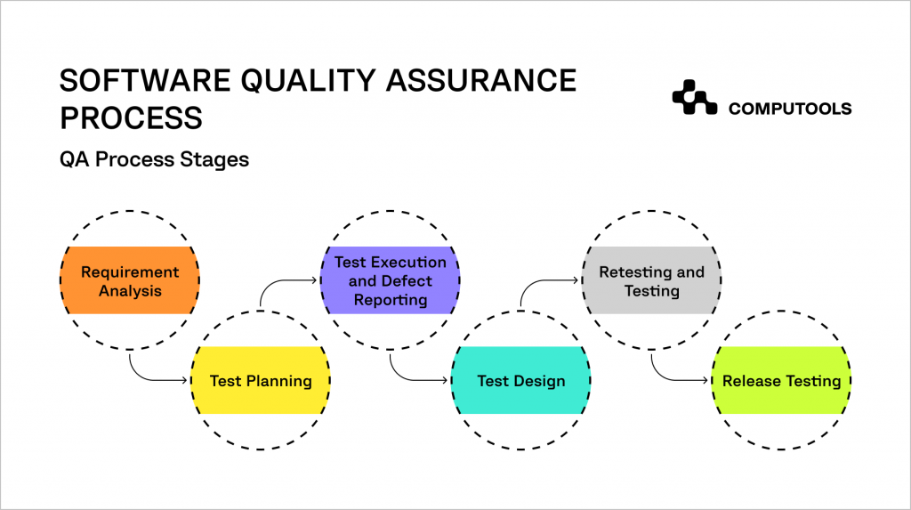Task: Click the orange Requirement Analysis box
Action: tap(130, 281)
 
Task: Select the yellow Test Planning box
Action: tap(261, 381)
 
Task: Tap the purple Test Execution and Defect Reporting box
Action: tap(391, 280)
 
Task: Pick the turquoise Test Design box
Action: tap(521, 381)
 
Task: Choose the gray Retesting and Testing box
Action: tap(651, 281)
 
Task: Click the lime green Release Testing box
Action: tap(781, 381)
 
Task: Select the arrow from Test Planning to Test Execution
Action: tap(285, 283)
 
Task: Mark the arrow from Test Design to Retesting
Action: tap(545, 283)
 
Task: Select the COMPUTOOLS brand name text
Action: tap(790, 109)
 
